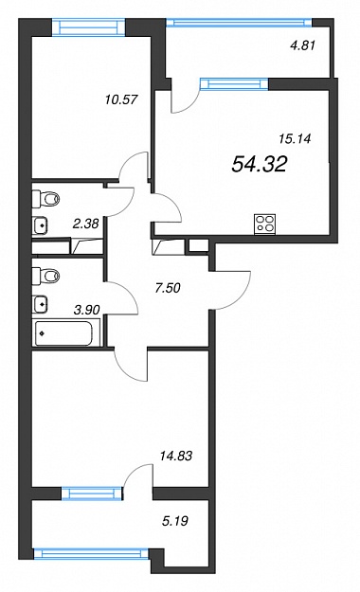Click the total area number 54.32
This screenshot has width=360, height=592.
(260, 164)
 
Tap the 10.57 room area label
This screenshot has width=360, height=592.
(121, 99)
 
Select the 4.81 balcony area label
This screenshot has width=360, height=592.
(302, 45)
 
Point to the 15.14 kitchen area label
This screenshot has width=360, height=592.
(295, 139)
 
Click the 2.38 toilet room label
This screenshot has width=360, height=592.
(86, 224)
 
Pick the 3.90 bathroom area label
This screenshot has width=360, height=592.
(87, 311)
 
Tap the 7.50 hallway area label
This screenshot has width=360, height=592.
(168, 288)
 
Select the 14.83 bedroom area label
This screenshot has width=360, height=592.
(176, 456)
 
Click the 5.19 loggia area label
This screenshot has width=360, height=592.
(175, 521)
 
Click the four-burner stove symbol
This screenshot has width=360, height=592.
(265, 224)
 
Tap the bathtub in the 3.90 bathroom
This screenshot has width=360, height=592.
(63, 333)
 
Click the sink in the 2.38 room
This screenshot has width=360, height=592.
(40, 225)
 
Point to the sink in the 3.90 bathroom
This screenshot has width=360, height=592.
(40, 303)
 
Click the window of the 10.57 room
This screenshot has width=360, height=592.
(88, 27)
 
